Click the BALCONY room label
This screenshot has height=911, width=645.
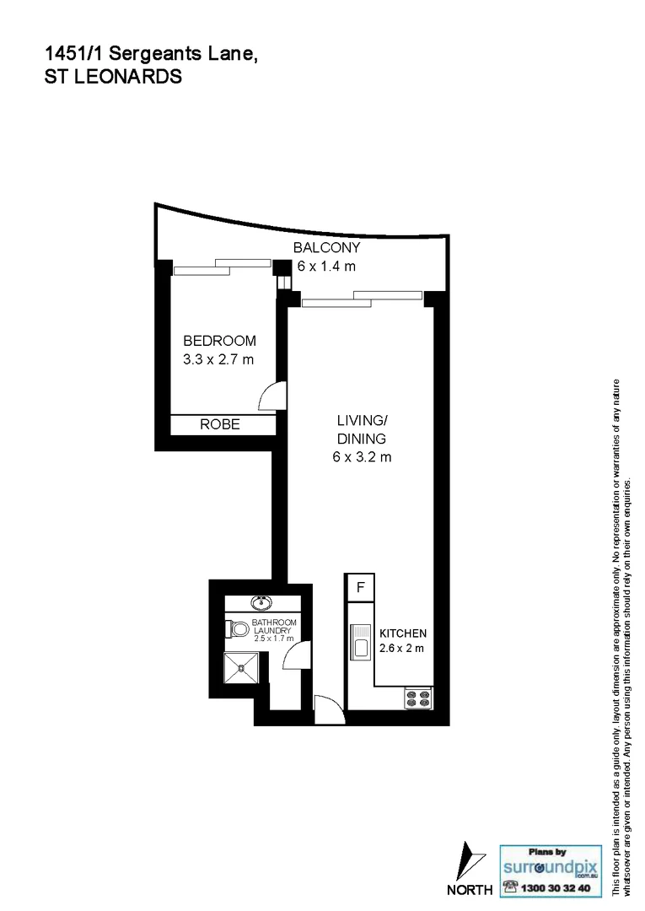326,248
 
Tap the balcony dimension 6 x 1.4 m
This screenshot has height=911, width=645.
326,267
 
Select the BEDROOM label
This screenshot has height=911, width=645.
219,341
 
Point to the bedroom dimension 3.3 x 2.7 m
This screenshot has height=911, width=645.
219,359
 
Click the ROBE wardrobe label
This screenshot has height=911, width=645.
220,425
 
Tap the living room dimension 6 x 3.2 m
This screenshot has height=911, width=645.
362,458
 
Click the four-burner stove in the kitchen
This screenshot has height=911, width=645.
417,698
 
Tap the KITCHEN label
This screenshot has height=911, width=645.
402,633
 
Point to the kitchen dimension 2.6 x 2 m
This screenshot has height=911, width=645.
400,649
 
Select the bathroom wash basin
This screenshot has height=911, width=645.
261,602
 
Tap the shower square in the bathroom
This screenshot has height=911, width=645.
242,671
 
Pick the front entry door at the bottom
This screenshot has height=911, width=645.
328,706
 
